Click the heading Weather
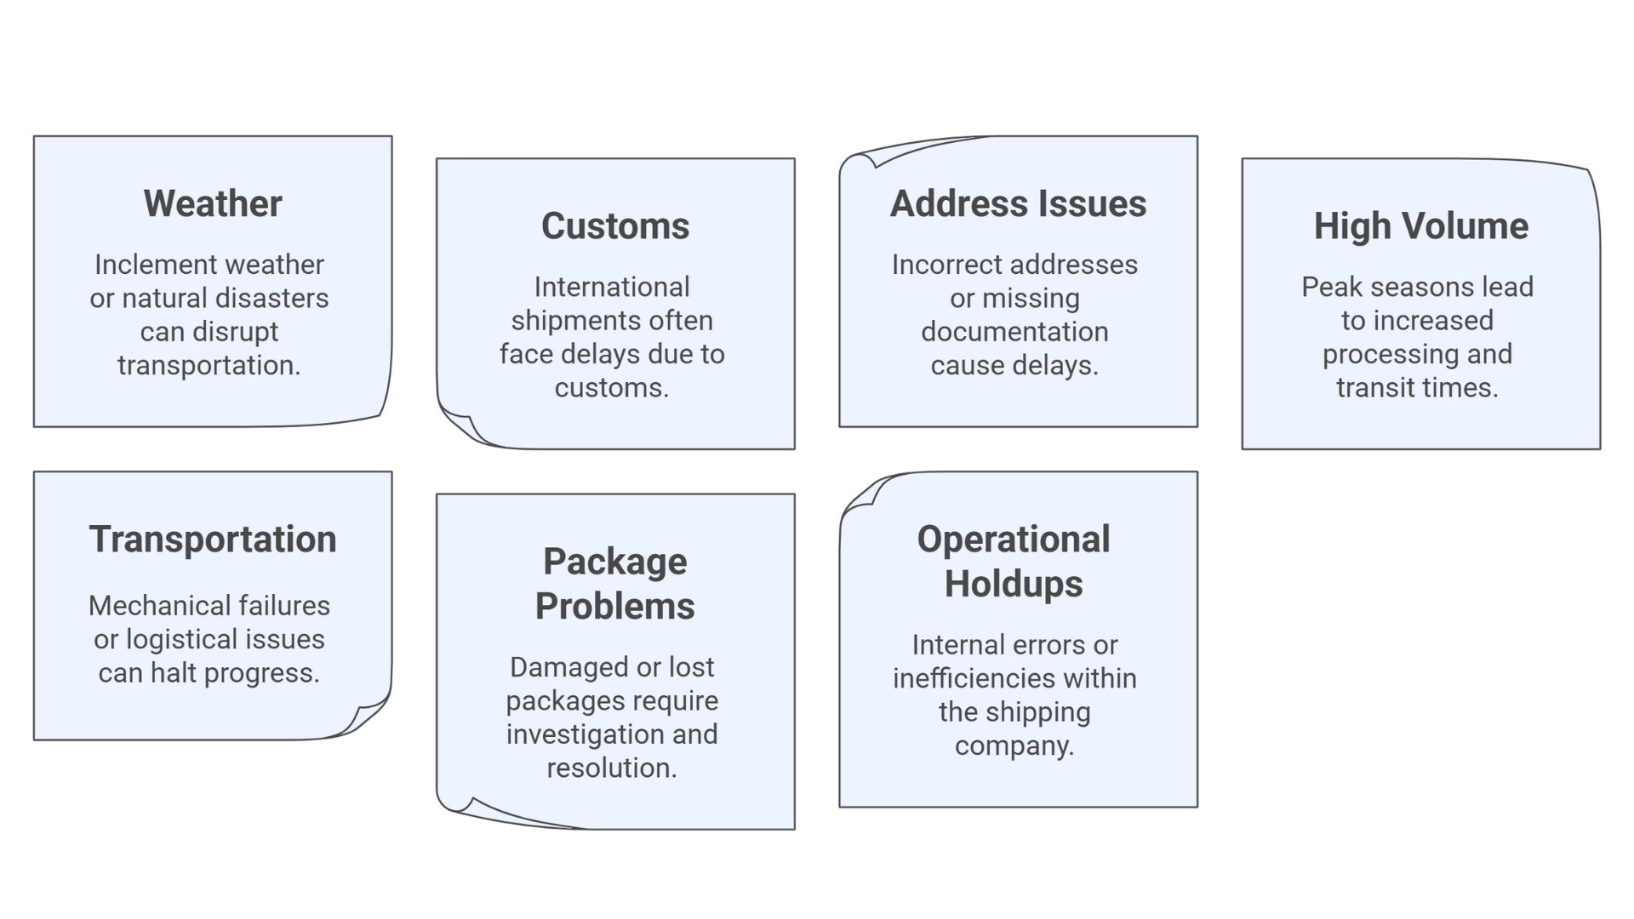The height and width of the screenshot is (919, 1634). pyautogui.click(x=213, y=204)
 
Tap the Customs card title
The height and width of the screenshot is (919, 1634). pyautogui.click(x=615, y=226)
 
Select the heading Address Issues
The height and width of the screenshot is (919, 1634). pyautogui.click(x=1018, y=204)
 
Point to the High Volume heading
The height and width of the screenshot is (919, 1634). pyautogui.click(x=1420, y=226)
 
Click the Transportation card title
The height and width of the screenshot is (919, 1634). pyautogui.click(x=213, y=539)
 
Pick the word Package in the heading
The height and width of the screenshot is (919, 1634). pyautogui.click(x=615, y=562)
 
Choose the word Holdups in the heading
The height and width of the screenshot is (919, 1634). pyautogui.click(x=1014, y=585)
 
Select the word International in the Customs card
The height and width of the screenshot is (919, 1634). pyautogui.click(x=612, y=288)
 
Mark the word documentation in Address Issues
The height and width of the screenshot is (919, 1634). pyautogui.click(x=1014, y=332)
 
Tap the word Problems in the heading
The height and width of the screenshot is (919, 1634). pyautogui.click(x=615, y=607)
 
